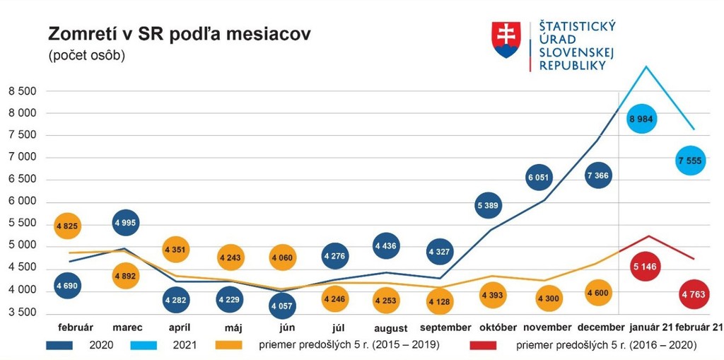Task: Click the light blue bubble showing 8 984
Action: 641,119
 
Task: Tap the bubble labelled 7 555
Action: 690,161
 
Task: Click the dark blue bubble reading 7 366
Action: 597,175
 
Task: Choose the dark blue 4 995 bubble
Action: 126,223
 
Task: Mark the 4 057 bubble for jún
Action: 283,306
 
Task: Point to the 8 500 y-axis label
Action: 23,91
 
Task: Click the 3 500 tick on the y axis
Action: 23,313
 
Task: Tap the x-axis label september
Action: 445,327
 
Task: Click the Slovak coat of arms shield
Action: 506,40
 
